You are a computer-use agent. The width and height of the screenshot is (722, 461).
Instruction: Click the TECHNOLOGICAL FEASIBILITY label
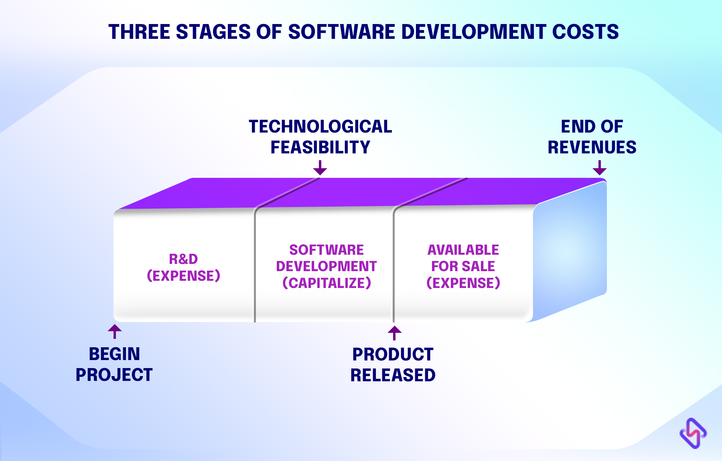(320, 137)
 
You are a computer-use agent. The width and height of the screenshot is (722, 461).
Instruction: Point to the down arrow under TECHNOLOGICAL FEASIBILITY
(320, 168)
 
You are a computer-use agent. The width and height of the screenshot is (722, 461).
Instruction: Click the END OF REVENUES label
(592, 137)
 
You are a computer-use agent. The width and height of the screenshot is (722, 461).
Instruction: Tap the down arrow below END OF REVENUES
(599, 168)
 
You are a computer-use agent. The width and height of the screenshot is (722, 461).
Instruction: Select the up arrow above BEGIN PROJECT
(115, 332)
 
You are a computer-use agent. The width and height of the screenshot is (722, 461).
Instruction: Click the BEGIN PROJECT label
(114, 364)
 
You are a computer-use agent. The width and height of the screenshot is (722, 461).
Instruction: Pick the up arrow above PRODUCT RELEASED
(394, 333)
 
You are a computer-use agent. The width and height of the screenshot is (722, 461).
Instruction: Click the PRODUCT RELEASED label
(393, 365)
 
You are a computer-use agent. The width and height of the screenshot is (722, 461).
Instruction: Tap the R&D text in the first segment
(183, 259)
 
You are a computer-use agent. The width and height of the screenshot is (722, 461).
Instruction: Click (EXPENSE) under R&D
(183, 276)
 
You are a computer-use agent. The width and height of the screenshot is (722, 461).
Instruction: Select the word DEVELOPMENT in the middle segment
(326, 266)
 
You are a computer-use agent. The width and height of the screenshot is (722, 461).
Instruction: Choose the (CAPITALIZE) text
(327, 283)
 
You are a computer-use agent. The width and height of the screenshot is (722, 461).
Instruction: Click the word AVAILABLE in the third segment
(463, 250)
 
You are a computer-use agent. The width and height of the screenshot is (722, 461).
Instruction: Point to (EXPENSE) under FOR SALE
(463, 283)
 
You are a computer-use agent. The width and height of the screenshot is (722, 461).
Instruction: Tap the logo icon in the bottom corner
(693, 433)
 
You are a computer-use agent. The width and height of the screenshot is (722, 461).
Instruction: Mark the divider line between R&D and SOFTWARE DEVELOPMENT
(255, 264)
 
